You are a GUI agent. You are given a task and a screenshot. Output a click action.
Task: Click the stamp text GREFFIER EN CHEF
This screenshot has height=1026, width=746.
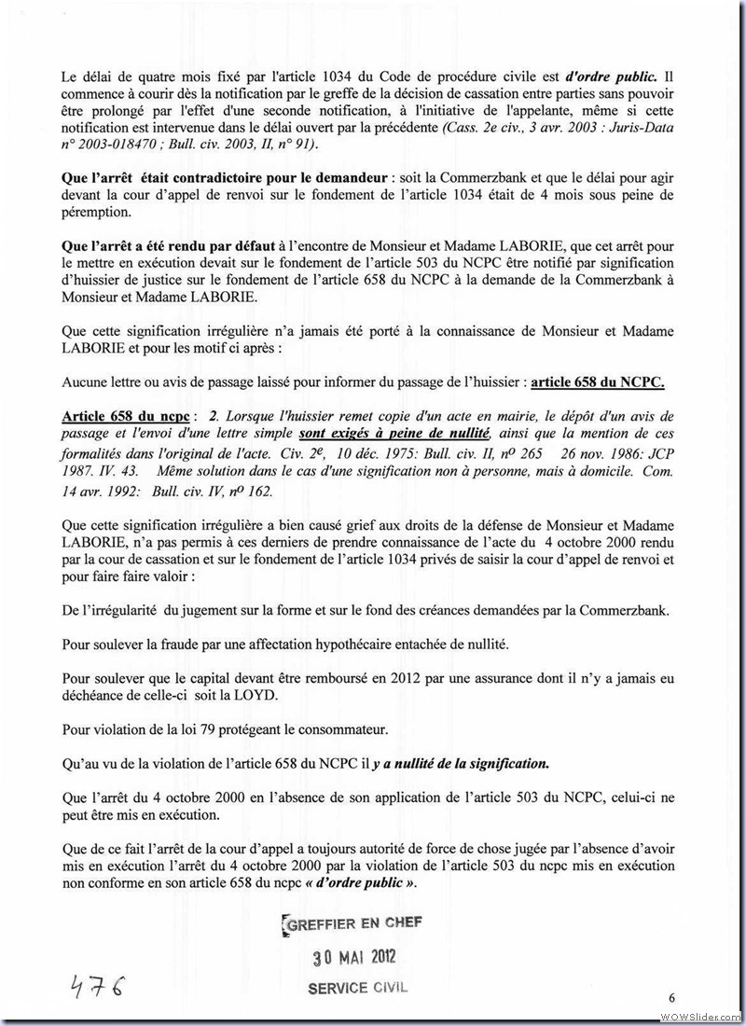click(352, 922)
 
